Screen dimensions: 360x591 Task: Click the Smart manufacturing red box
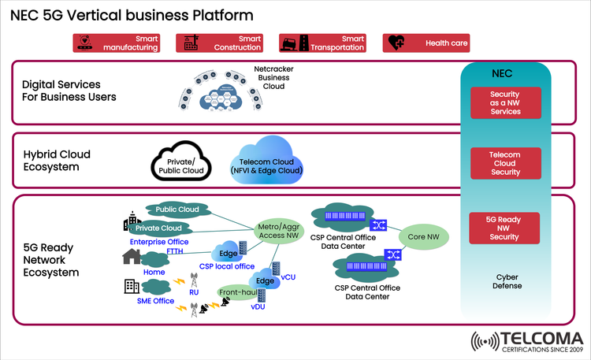pos(116,43)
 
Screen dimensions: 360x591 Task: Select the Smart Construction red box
pos(220,43)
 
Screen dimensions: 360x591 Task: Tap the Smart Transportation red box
pos(323,43)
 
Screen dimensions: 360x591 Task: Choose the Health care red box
pos(426,43)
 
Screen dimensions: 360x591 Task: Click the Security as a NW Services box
pos(505,103)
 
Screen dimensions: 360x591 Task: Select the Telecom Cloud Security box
pos(505,162)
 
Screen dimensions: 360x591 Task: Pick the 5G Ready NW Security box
pos(504,227)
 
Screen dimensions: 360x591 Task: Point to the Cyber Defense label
pos(506,282)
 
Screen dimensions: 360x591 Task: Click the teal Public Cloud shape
pos(177,210)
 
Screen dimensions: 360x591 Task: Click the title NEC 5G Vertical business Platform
pos(132,14)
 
